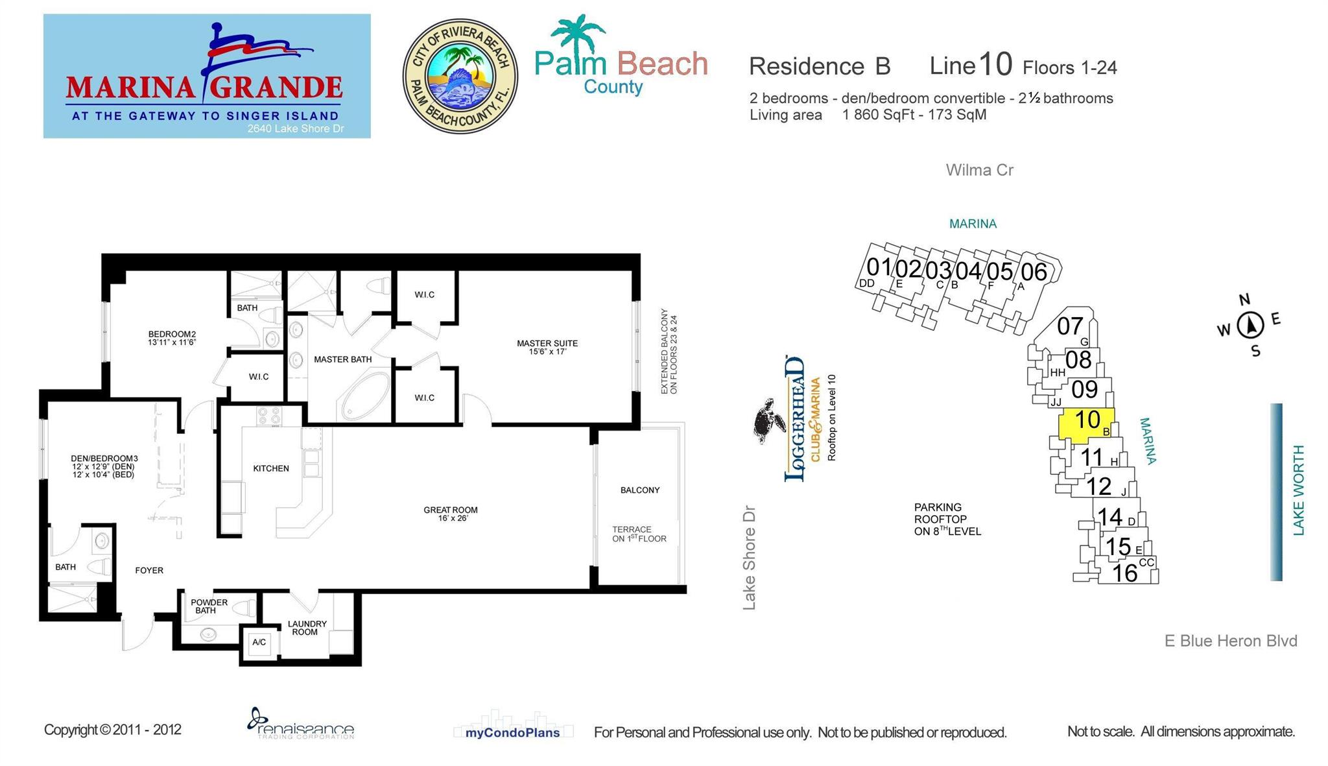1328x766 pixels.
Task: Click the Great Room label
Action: (x=451, y=514)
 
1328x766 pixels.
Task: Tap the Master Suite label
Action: (x=547, y=347)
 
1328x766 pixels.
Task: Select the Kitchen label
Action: (x=271, y=468)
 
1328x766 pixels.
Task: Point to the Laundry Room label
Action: (x=307, y=628)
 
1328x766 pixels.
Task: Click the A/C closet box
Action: (x=259, y=642)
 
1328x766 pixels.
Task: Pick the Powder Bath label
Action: (x=208, y=606)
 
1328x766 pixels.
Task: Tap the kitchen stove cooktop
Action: (x=268, y=416)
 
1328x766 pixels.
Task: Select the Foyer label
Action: (x=149, y=570)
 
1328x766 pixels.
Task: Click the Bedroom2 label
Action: (x=172, y=338)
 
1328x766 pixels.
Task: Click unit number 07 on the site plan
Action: (x=1070, y=326)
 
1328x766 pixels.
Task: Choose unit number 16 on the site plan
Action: (x=1124, y=573)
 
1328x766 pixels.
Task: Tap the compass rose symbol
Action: (x=1250, y=326)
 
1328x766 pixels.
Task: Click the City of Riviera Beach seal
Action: (x=460, y=76)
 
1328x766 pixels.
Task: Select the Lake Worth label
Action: (x=1299, y=490)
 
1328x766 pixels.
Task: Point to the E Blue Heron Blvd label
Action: (x=1231, y=641)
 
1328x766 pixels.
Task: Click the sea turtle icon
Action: (x=769, y=421)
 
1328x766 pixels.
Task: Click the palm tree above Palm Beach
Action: (x=577, y=34)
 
